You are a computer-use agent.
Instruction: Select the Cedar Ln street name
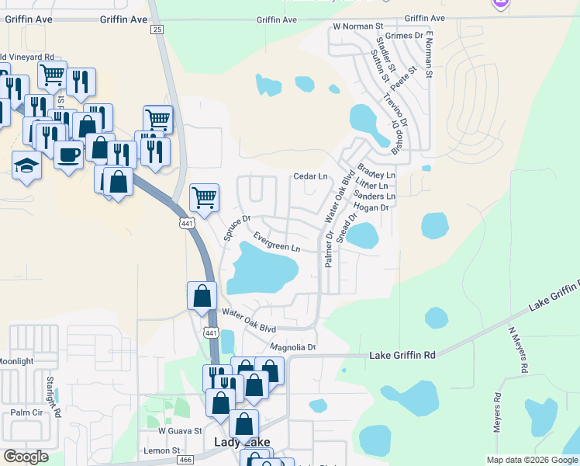pyautogui.click(x=310, y=176)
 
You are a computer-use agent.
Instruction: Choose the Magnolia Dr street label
pyautogui.click(x=293, y=347)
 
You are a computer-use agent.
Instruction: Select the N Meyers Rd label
pyautogui.click(x=517, y=349)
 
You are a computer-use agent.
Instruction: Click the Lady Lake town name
pyautogui.click(x=242, y=442)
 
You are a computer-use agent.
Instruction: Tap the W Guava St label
pyautogui.click(x=180, y=429)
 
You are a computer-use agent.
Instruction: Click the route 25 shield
pyautogui.click(x=157, y=29)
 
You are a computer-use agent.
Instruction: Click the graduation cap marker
pyautogui.click(x=27, y=165)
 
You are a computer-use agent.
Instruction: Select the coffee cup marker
pyautogui.click(x=69, y=155)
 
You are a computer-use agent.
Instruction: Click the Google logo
pyautogui.click(x=26, y=457)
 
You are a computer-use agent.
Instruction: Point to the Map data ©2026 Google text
pyautogui.click(x=532, y=460)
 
